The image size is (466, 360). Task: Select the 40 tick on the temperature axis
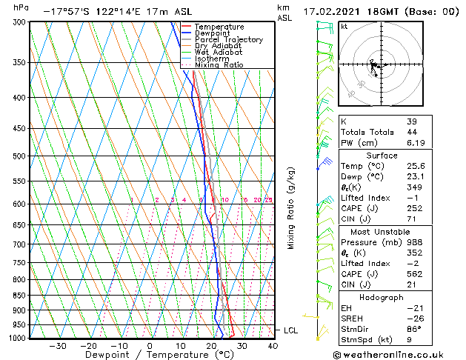273,345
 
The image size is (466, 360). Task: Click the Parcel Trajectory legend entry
229,40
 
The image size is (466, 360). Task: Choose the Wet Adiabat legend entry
219,53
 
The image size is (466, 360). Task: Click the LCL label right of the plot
290,330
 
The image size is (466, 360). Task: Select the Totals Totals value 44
412,132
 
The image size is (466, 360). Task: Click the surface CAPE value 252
414,208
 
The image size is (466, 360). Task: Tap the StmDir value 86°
414,329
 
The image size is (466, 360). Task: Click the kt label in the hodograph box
344,27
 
